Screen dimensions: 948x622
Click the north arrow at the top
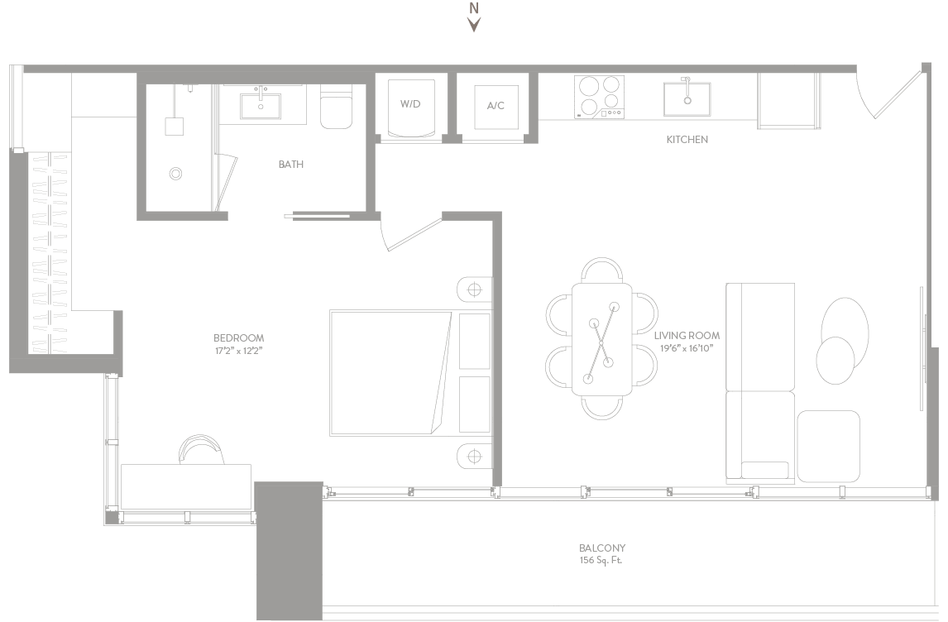(x=475, y=24)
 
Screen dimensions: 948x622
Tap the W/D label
(x=410, y=104)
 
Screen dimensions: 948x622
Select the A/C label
(x=496, y=106)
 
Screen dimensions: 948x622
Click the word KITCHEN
(x=687, y=140)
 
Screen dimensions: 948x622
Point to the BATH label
(x=291, y=165)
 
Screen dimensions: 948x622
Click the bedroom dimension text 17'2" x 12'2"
(x=239, y=351)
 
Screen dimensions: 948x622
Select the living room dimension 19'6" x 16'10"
(x=687, y=348)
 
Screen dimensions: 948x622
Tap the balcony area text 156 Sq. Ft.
(x=601, y=560)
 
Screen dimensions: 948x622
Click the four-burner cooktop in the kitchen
(x=599, y=98)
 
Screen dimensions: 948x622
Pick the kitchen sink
(x=687, y=98)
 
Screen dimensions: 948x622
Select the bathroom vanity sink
(x=261, y=106)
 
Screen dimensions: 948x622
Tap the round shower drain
(x=175, y=174)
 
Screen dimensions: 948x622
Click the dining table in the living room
(x=601, y=340)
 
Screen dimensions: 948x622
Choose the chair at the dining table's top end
(x=602, y=270)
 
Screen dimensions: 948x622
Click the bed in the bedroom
(x=411, y=373)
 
